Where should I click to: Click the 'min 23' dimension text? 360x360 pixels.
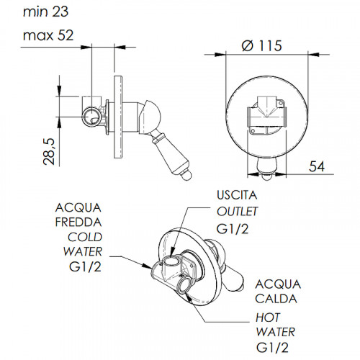[x=45, y=12]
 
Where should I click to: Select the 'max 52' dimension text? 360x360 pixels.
[x=48, y=35]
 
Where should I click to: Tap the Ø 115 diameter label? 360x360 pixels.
[x=261, y=45]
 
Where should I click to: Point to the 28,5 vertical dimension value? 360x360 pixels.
[x=50, y=151]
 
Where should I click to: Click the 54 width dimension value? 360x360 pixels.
[x=317, y=166]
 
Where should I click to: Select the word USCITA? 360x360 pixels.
[x=237, y=195]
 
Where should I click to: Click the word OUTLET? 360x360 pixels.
[x=237, y=212]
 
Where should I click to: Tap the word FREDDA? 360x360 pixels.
[x=78, y=222]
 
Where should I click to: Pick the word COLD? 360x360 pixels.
[x=85, y=238]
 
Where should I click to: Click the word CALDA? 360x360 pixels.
[x=276, y=299]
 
